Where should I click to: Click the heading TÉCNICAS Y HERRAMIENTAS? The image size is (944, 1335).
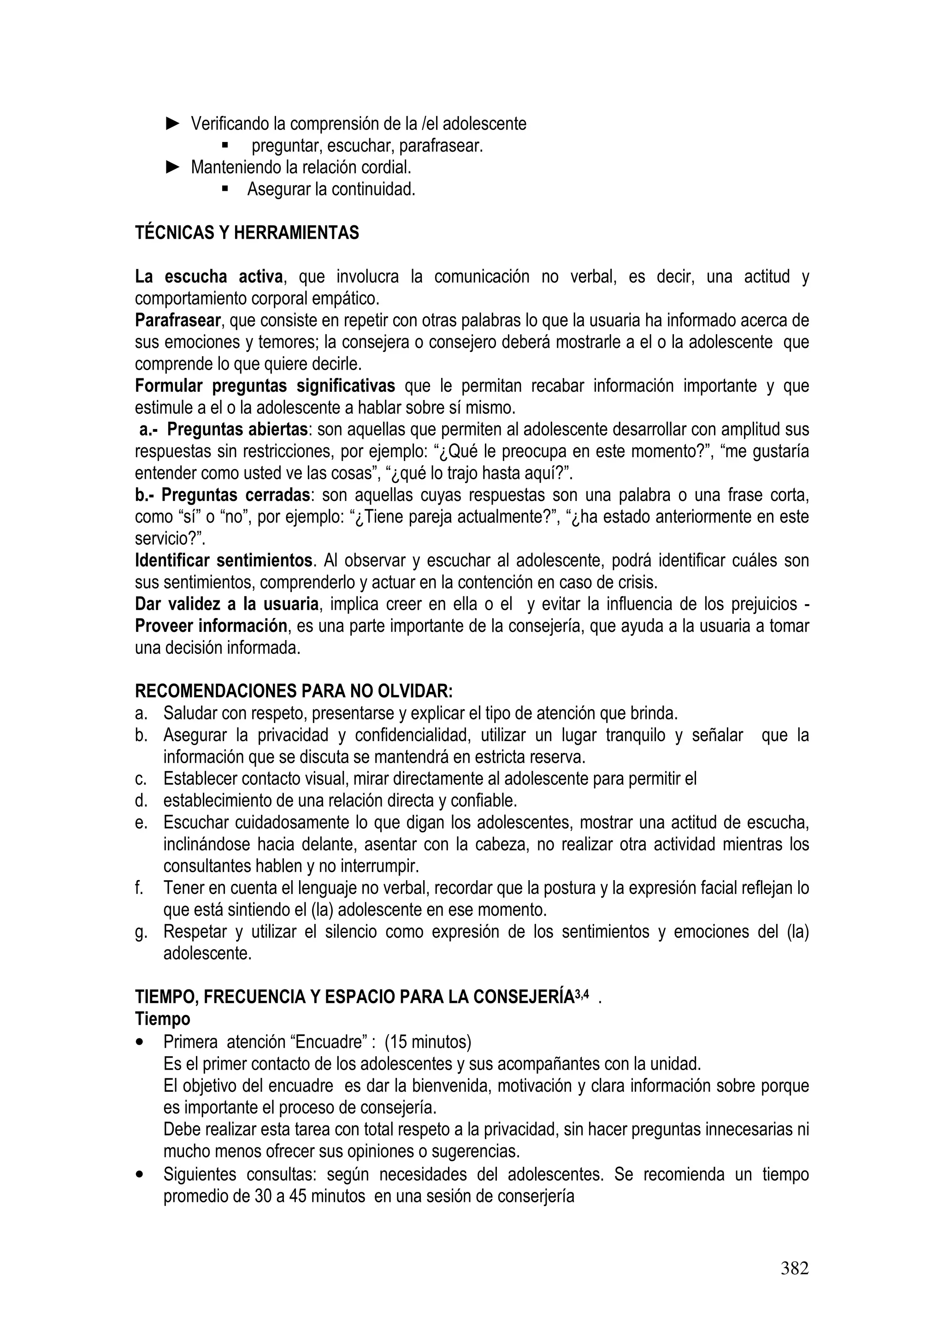pyautogui.click(x=247, y=233)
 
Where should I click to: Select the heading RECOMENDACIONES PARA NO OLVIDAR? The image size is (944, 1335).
pyautogui.click(x=294, y=691)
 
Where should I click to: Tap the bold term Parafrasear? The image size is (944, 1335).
pyautogui.click(x=178, y=320)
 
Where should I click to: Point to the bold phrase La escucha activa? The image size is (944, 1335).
pyautogui.click(x=209, y=277)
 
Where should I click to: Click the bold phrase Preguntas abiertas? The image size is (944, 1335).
pyautogui.click(x=237, y=429)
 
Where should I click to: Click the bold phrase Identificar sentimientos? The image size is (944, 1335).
pyautogui.click(x=224, y=560)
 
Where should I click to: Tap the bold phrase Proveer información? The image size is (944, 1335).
pyautogui.click(x=211, y=626)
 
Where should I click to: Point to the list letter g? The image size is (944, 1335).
pyautogui.click(x=140, y=933)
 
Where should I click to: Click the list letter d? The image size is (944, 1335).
pyautogui.click(x=140, y=801)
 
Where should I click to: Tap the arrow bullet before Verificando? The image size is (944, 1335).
pyautogui.click(x=173, y=123)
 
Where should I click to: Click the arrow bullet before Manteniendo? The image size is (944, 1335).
pyautogui.click(x=173, y=167)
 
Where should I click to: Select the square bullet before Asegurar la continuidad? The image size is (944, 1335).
pyautogui.click(x=225, y=189)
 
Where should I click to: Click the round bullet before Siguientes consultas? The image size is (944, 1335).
pyautogui.click(x=140, y=1175)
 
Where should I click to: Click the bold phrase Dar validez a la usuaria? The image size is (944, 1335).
pyautogui.click(x=227, y=605)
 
